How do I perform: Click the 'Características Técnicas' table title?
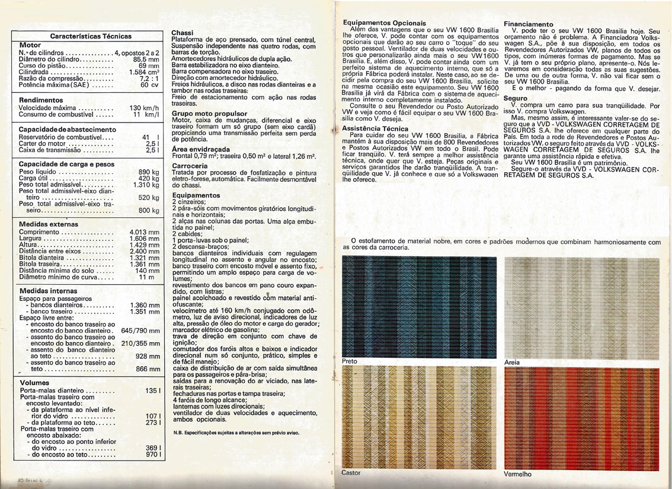(91, 36)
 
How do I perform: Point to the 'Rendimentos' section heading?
(41, 100)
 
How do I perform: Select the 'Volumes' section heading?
(34, 382)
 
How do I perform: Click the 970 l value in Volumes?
(153, 455)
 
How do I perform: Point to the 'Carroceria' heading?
(190, 166)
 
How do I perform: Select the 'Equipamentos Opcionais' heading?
(384, 22)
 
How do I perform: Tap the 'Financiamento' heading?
(528, 24)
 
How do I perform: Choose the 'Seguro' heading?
(515, 98)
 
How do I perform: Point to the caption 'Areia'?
(511, 362)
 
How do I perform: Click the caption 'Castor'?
(351, 473)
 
